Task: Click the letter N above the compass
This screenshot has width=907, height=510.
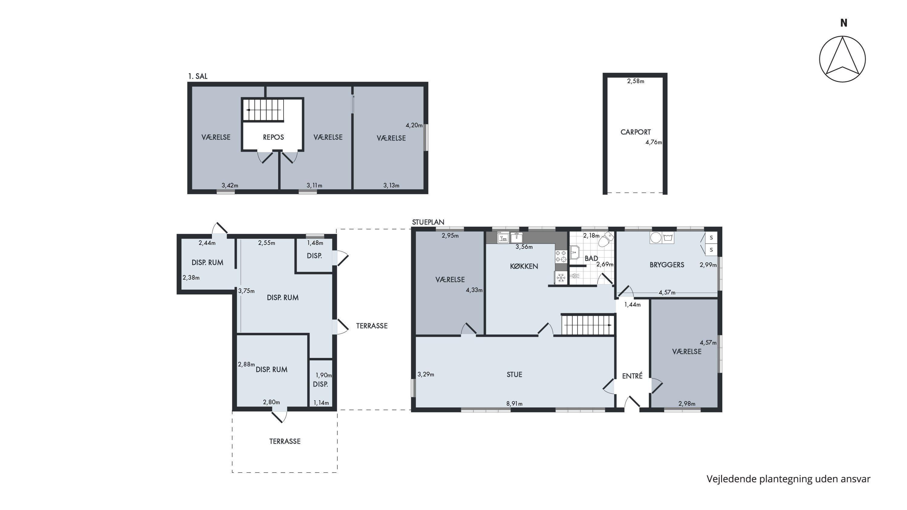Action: [x=844, y=23]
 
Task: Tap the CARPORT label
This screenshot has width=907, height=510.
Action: [x=636, y=132]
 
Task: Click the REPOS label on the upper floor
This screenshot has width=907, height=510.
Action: [x=273, y=137]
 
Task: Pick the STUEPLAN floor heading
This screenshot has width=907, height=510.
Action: [x=428, y=222]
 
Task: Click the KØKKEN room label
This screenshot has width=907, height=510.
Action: [x=524, y=266]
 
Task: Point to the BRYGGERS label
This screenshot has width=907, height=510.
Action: [x=667, y=265]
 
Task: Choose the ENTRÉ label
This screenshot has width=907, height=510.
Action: [x=632, y=376]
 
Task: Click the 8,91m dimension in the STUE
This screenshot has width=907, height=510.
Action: [x=514, y=404]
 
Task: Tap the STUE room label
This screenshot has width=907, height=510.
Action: [x=514, y=375]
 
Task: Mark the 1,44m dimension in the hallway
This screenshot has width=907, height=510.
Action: [x=632, y=305]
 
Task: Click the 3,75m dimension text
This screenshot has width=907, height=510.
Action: [x=246, y=291]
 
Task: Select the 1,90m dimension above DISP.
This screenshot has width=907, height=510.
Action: [x=323, y=375]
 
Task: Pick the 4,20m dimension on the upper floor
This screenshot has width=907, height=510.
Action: [x=414, y=125]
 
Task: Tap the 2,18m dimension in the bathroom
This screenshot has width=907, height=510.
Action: [x=591, y=236]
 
